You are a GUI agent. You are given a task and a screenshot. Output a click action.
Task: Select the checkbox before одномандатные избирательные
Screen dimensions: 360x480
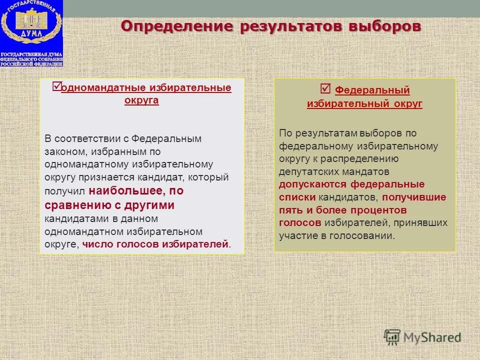click(56, 86)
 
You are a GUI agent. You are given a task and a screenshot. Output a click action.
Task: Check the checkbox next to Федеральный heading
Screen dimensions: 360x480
click(325, 89)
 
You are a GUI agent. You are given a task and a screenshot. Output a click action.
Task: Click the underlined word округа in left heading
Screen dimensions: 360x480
click(141, 100)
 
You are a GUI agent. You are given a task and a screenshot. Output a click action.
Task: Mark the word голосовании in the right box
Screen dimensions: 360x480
click(366, 235)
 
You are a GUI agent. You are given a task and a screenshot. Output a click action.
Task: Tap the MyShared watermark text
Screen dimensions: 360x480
click(433, 337)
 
